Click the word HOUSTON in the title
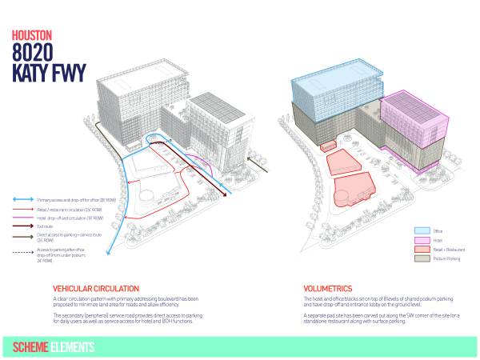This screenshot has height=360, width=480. coord(32,37)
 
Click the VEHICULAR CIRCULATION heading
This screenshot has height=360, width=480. coord(96,288)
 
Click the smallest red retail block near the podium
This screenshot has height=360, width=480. coord(326,147)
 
